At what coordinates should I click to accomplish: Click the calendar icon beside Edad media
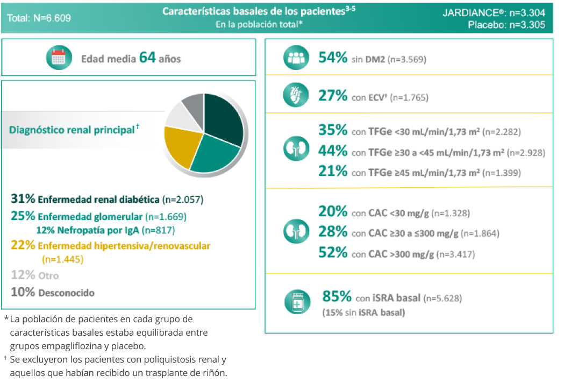[x=59, y=58]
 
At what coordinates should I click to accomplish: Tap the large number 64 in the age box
[x=147, y=58]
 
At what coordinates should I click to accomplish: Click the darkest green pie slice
[x=223, y=119]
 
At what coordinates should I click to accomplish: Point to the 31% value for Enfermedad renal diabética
[x=23, y=199]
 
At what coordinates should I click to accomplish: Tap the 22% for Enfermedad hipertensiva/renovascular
[x=23, y=245]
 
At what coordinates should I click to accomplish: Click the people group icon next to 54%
[x=296, y=59]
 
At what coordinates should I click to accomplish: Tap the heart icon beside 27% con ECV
[x=296, y=96]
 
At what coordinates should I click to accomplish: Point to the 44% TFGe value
[x=333, y=152]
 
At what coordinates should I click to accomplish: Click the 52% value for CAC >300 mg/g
[x=333, y=253]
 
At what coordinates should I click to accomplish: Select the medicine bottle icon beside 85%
[x=297, y=303]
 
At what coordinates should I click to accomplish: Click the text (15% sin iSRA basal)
[x=363, y=313]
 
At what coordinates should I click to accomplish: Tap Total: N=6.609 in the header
[x=39, y=18]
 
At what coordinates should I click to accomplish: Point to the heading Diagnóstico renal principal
[x=72, y=129]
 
